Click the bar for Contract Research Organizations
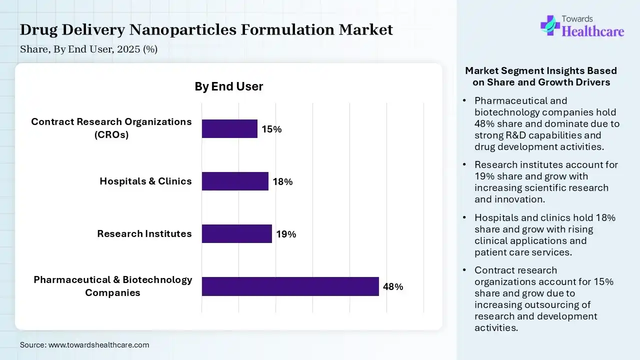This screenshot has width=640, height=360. coord(229,128)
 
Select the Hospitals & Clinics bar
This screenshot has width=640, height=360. coord(235,181)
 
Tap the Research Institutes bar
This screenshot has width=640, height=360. coord(236,233)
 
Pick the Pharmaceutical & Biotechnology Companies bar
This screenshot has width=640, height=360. coord(290,286)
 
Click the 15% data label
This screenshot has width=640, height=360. coord(271,129)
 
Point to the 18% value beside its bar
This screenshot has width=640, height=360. coord(282,181)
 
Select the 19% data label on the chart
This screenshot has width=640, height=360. coord(286,234)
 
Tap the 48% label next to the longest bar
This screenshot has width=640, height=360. coord(393,287)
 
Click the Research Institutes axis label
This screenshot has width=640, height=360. coord(144,233)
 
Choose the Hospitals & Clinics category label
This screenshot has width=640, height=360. coord(145,181)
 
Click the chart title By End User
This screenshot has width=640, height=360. coord(228,86)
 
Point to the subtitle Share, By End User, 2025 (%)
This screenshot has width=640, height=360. coord(88,49)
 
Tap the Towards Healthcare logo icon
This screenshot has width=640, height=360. coord(549,25)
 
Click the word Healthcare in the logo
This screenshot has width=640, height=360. coord(593,31)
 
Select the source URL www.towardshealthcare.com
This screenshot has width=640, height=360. coord(98,345)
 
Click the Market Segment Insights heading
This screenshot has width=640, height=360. coord(541,76)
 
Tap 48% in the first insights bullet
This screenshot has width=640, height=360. coord(484,123)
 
